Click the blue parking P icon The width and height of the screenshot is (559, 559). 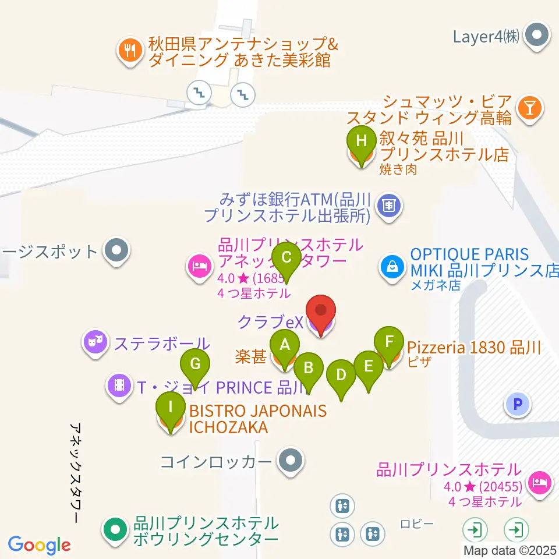518,404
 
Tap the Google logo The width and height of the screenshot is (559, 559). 40,546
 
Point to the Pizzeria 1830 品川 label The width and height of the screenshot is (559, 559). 474,348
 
